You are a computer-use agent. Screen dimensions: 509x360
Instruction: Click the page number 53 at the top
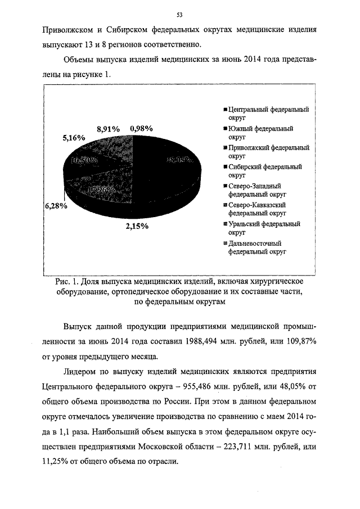[179, 14]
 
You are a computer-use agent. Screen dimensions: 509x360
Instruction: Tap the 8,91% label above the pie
[108, 128]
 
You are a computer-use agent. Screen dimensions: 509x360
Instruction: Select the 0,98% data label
[142, 128]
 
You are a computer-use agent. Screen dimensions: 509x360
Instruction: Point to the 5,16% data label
[74, 137]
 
